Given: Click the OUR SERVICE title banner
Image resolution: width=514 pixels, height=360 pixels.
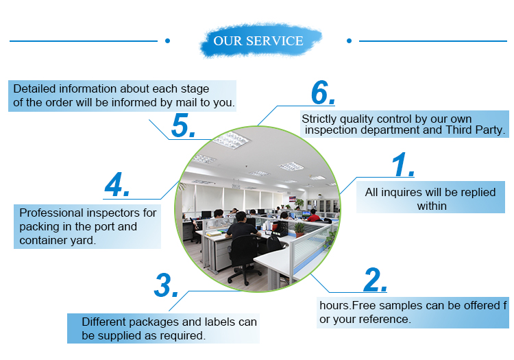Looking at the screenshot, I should (x=258, y=41).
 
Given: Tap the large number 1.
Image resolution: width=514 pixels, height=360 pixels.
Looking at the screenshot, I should (x=402, y=167).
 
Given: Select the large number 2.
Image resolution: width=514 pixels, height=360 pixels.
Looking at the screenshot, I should (x=375, y=280).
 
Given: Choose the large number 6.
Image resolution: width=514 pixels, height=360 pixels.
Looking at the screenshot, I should (x=323, y=93).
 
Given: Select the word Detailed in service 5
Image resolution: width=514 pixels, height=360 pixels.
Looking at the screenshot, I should (x=35, y=89).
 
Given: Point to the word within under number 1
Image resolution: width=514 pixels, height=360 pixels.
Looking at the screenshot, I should (x=432, y=206).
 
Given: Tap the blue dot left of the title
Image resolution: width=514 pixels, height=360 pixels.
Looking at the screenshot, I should (x=167, y=41).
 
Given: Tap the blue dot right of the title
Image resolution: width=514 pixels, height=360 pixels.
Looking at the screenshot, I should (x=349, y=41).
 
